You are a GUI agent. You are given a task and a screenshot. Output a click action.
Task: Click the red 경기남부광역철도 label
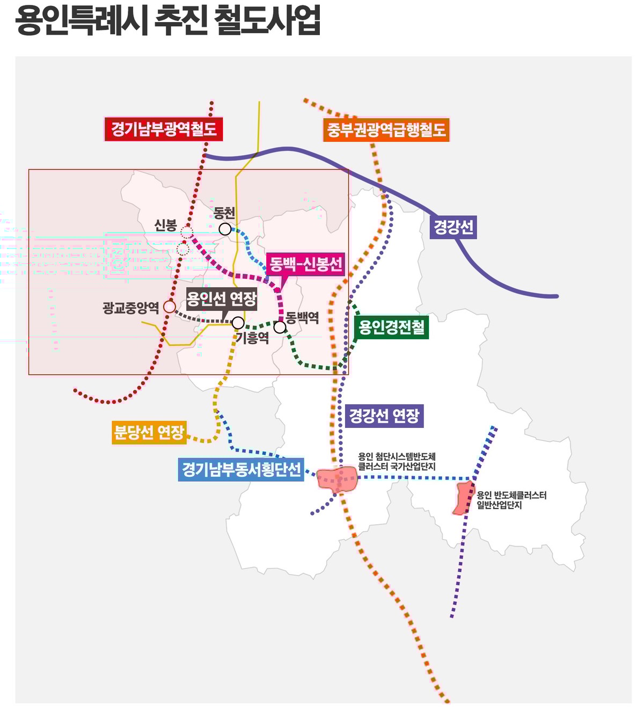(164, 129)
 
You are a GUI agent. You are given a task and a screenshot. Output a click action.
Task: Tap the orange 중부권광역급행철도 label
(386, 130)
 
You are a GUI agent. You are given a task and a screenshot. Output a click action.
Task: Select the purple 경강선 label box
(453, 227)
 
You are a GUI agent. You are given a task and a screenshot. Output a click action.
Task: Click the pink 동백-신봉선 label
(305, 264)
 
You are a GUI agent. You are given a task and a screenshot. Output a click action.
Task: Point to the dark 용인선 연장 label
(222, 299)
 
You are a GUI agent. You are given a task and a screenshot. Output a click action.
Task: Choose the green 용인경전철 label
(392, 327)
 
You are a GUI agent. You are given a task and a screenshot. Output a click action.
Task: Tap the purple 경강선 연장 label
(384, 416)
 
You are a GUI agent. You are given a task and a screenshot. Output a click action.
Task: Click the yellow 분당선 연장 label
(149, 432)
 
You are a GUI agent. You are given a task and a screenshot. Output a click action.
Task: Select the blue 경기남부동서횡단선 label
(241, 469)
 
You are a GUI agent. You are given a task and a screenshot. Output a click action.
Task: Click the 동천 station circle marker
(225, 229)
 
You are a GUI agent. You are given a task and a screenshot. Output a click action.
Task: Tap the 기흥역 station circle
(238, 323)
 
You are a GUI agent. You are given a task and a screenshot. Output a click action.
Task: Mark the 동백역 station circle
(280, 327)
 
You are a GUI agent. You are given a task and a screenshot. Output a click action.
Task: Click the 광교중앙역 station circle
(170, 306)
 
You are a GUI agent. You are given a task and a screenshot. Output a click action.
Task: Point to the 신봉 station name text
(165, 225)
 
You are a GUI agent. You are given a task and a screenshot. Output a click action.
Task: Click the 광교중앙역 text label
(130, 307)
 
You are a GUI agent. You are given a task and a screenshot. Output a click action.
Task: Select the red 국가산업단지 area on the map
(336, 479)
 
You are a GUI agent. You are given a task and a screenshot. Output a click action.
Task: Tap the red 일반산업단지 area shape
(464, 498)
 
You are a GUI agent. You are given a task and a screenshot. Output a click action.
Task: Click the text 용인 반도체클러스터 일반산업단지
(511, 500)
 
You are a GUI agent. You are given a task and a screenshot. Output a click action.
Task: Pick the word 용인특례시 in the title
(82, 20)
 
